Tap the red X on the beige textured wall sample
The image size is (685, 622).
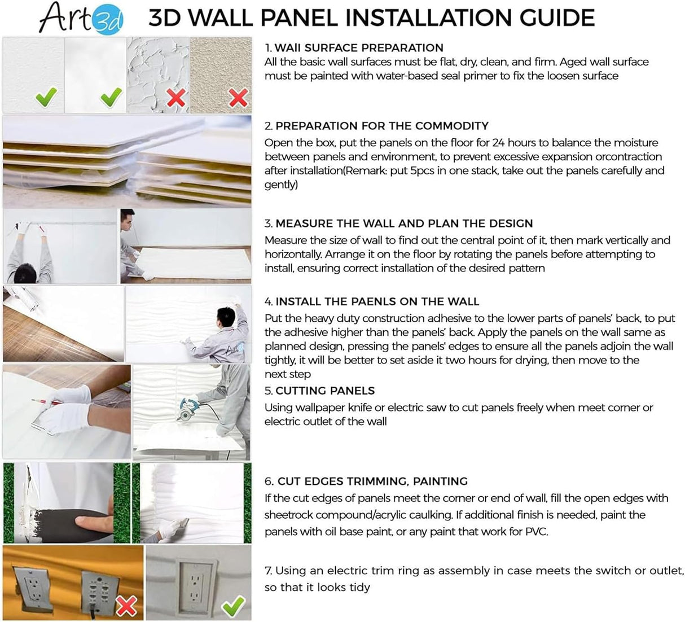238,98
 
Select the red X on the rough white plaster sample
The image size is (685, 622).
176,98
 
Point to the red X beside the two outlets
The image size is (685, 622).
126,606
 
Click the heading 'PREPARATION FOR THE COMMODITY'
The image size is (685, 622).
382,126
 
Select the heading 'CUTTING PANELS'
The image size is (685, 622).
325,391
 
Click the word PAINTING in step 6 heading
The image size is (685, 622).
440,481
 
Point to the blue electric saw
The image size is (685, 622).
187,406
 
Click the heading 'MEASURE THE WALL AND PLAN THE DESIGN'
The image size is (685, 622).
404,224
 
